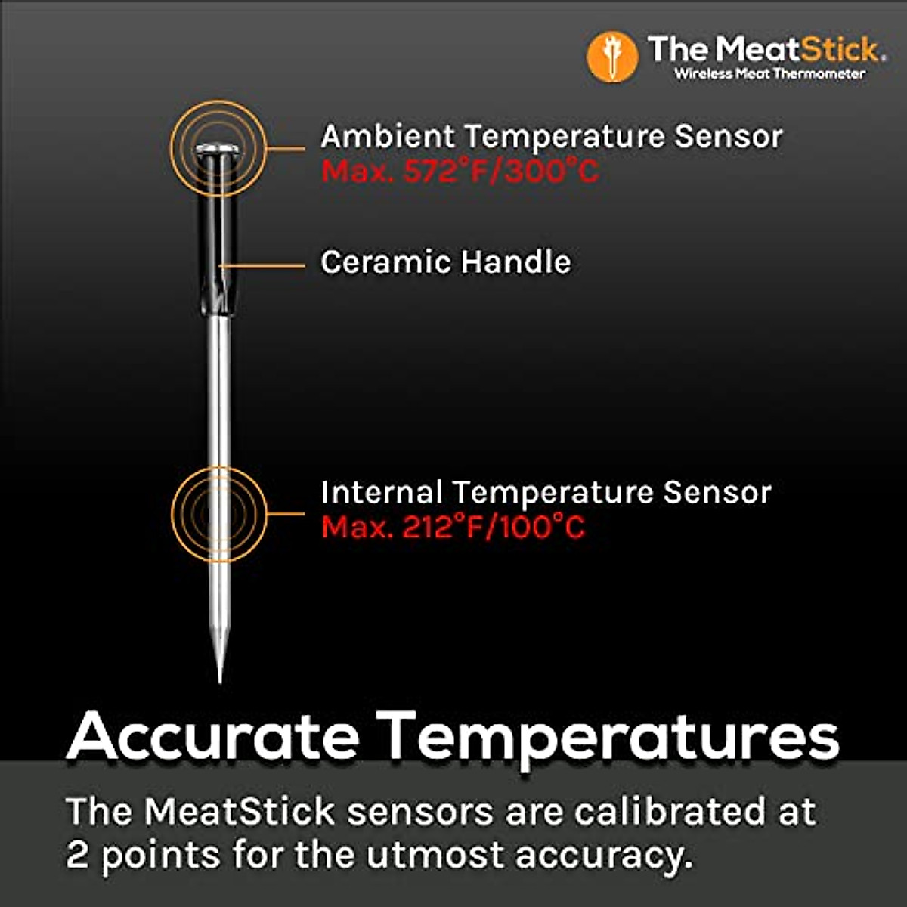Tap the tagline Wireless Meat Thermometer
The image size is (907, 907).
pyautogui.click(x=769, y=73)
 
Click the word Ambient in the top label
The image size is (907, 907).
pyautogui.click(x=388, y=137)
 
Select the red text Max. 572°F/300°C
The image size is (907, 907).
pyautogui.click(x=460, y=172)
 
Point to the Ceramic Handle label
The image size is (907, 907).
pyautogui.click(x=446, y=262)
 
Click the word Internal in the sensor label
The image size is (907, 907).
pyautogui.click(x=381, y=492)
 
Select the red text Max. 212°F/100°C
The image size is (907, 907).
pyautogui.click(x=453, y=527)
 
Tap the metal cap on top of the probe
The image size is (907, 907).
pyautogui.click(x=218, y=148)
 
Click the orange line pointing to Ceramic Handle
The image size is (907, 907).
pyautogui.click(x=265, y=265)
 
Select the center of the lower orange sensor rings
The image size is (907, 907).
pyautogui.click(x=218, y=514)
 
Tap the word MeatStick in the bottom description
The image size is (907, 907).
pyautogui.click(x=240, y=812)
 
